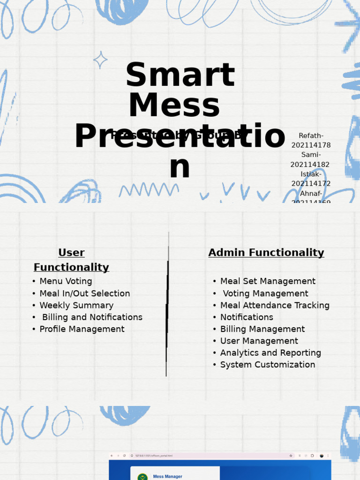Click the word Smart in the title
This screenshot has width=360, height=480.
[180, 75]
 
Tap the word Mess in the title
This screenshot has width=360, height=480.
[174, 105]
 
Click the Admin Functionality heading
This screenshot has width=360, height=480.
[266, 253]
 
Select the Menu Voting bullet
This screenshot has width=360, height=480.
[66, 281]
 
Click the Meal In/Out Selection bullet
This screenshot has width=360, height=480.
[84, 293]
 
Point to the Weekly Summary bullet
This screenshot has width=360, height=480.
[76, 306]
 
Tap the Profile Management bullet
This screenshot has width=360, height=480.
[82, 329]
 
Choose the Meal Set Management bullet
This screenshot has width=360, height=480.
[268, 281]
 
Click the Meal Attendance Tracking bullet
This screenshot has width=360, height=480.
[275, 306]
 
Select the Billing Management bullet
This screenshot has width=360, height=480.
[262, 329]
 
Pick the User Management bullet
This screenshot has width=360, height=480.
[259, 341]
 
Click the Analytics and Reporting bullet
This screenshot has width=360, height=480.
[270, 353]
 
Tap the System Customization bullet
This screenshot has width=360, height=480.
[268, 365]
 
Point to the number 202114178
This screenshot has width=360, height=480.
[311, 145]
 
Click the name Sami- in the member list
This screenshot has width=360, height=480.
[311, 155]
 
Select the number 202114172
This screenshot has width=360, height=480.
[311, 184]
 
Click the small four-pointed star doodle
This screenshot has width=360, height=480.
[100, 60]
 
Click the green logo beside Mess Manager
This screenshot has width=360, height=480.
[142, 477]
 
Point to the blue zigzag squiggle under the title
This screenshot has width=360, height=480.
[149, 190]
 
